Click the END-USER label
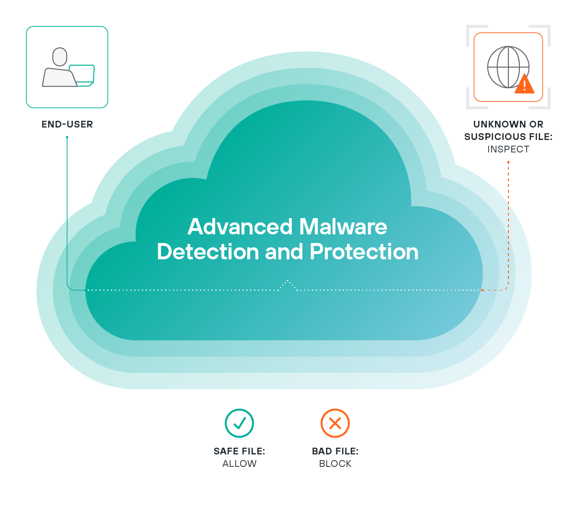(67, 124)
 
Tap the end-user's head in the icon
(59, 57)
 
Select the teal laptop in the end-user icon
(82, 76)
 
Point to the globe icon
(508, 67)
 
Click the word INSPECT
(508, 149)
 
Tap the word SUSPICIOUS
(494, 137)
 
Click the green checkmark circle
(239, 423)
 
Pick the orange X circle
(335, 423)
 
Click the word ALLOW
(239, 464)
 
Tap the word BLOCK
(335, 464)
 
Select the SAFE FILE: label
(239, 451)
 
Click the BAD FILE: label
(335, 451)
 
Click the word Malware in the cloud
(343, 227)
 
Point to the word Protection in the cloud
(364, 252)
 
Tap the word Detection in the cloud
(208, 252)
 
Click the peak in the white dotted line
(287, 280)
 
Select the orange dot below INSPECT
(508, 162)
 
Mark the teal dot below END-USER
(67, 137)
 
